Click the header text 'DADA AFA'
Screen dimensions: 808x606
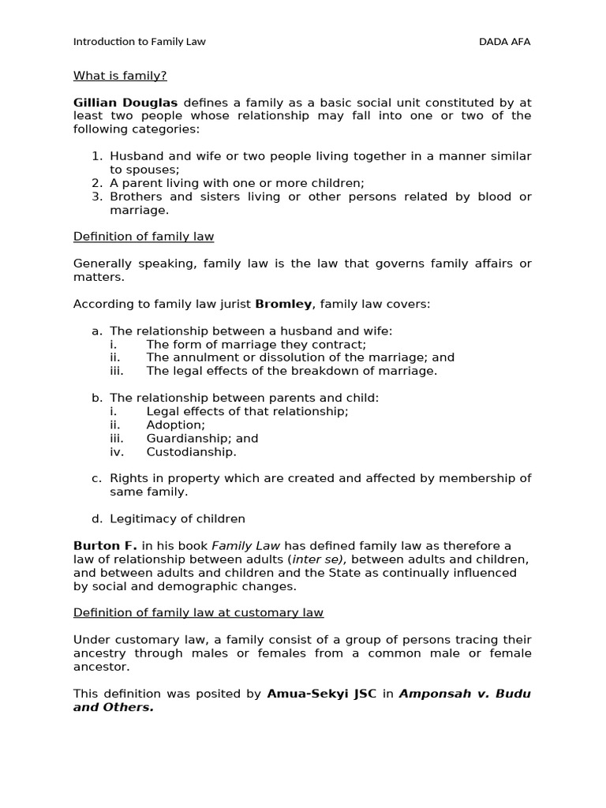pyautogui.click(x=504, y=42)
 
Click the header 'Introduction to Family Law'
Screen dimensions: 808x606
pyautogui.click(x=139, y=42)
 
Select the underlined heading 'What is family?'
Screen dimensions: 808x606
pyautogui.click(x=120, y=76)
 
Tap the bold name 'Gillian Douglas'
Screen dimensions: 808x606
pyautogui.click(x=125, y=103)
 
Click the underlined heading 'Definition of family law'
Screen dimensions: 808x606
pyautogui.click(x=144, y=237)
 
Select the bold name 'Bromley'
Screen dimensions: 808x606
pyautogui.click(x=283, y=304)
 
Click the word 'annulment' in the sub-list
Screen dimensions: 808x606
pyautogui.click(x=200, y=357)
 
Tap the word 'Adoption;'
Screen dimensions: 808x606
pyautogui.click(x=175, y=425)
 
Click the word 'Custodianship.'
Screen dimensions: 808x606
pyautogui.click(x=191, y=452)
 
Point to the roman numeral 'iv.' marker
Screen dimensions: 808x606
pyautogui.click(x=116, y=452)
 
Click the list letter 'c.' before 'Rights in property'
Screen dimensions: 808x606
pyautogui.click(x=97, y=478)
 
